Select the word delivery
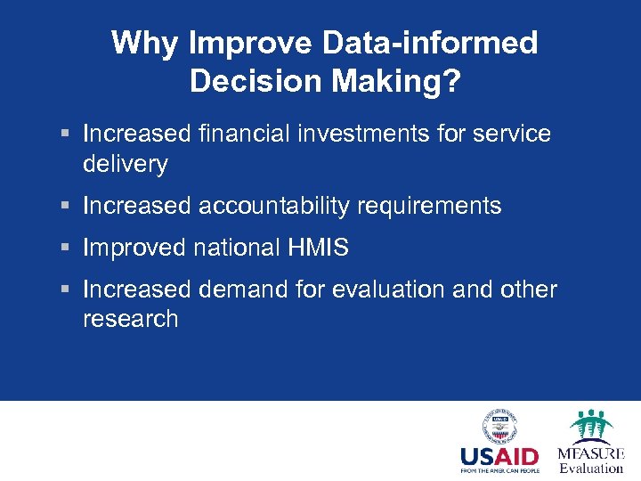coord(125,163)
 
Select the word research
coord(130,319)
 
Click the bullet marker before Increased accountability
coord(68,207)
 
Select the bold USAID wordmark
coord(499,458)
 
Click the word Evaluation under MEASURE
coord(591,468)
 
